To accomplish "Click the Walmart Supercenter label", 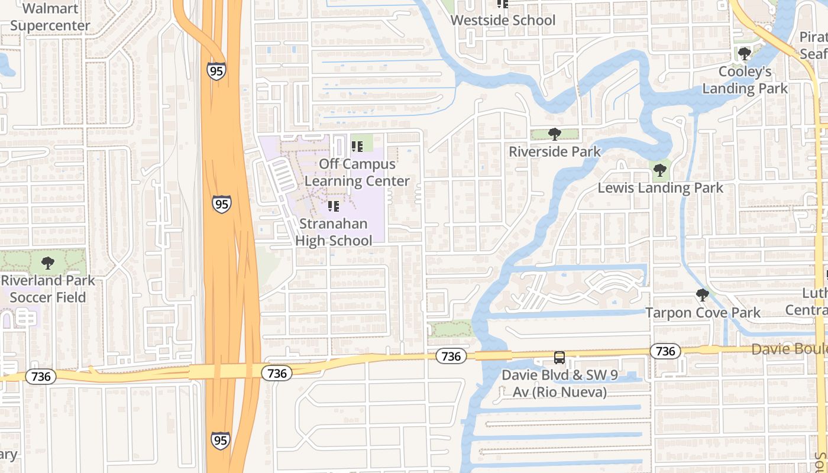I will click(50, 17).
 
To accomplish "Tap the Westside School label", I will click(503, 20).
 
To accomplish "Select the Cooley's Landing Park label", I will click(745, 80).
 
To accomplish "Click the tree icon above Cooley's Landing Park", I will click(745, 54).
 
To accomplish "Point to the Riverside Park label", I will click(555, 151).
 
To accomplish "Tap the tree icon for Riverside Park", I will click(554, 134).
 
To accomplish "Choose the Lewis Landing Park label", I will click(660, 188).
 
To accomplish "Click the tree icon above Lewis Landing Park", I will click(660, 171).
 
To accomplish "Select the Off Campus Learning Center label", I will click(357, 172).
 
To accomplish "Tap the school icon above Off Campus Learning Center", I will click(357, 146).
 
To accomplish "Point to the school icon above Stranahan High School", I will click(334, 206).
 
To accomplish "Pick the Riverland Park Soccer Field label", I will click(48, 289).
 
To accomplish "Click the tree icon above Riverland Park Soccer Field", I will click(48, 263).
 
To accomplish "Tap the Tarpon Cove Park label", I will click(703, 312).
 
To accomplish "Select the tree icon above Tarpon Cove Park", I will click(703, 294).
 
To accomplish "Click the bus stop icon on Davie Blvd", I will click(559, 358).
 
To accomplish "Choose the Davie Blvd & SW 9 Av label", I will click(554, 383).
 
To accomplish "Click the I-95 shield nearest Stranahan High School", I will click(222, 205).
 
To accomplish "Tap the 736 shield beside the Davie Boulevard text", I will click(665, 351).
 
